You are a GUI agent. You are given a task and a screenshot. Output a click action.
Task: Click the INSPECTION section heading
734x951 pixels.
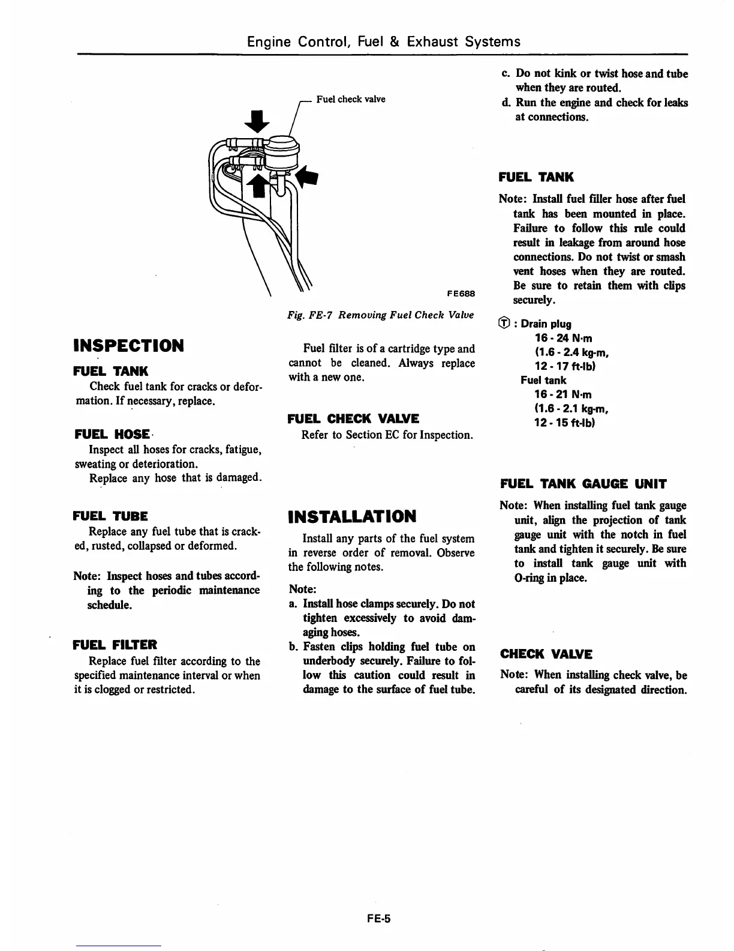point(128,346)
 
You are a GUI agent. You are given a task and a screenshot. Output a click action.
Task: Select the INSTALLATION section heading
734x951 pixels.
point(352,516)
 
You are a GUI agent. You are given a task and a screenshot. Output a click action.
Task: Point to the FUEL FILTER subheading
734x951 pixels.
point(115,645)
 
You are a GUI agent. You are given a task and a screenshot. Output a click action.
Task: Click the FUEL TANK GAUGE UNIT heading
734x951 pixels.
point(583,484)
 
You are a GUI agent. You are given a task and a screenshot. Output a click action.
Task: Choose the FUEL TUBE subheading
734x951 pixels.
point(110,516)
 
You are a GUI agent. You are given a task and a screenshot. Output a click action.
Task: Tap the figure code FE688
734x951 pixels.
point(461,294)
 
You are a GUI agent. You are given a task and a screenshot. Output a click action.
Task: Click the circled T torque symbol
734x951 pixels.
point(505,324)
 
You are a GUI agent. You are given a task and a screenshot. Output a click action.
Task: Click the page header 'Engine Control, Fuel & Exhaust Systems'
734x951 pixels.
point(384,41)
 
